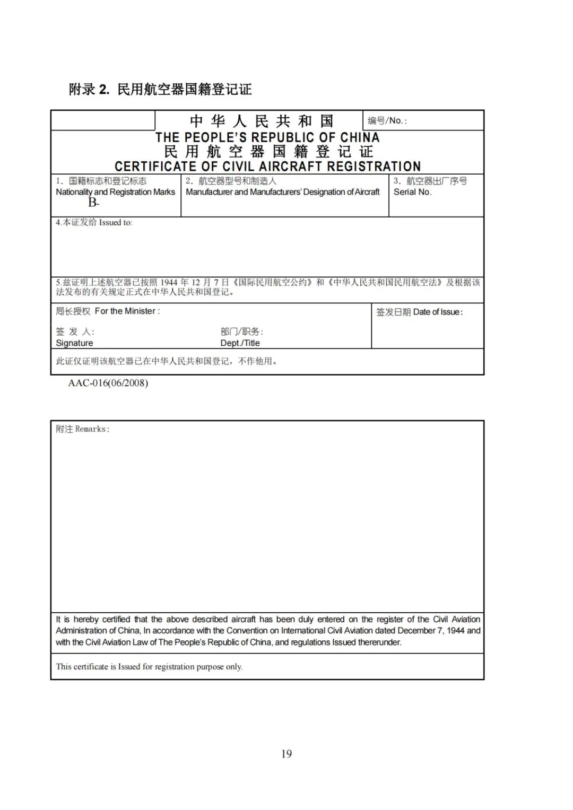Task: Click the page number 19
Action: tap(286, 754)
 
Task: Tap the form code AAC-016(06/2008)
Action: tap(108, 383)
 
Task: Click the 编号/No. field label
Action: tap(387, 121)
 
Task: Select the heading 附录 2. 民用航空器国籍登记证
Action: tap(160, 89)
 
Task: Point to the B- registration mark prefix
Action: tap(93, 203)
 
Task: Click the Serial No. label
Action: tap(412, 192)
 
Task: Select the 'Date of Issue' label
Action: tap(438, 312)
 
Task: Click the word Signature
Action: tap(74, 343)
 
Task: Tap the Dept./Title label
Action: tap(240, 343)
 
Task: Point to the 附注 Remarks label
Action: tap(83, 429)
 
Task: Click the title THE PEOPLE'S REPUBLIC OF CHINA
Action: tap(267, 137)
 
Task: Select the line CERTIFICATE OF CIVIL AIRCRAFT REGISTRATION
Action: tap(267, 167)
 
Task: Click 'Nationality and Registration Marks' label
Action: tap(115, 192)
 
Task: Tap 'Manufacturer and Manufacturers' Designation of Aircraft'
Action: tap(283, 192)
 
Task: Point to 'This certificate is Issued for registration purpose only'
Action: tap(149, 667)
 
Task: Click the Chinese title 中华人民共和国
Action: tap(262, 121)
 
